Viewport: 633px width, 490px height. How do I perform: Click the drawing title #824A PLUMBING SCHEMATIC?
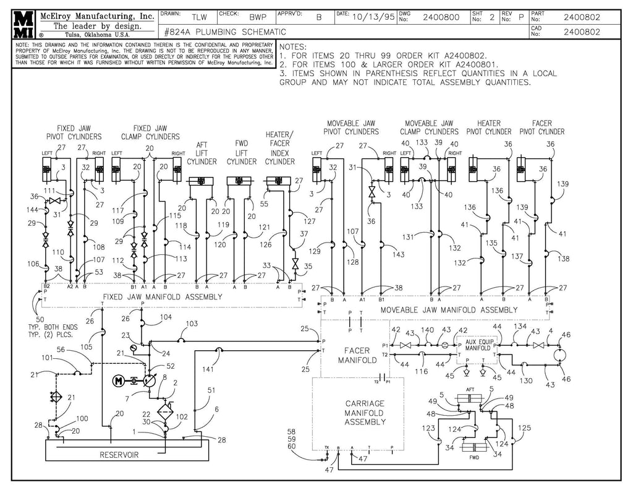click(x=226, y=32)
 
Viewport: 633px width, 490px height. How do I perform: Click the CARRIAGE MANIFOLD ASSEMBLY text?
click(x=365, y=413)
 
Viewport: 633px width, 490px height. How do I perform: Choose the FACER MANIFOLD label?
click(x=358, y=355)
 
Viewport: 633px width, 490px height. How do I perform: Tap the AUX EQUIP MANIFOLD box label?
click(x=479, y=345)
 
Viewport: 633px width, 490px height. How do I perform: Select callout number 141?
click(x=208, y=369)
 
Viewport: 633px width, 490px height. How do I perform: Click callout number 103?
click(x=192, y=324)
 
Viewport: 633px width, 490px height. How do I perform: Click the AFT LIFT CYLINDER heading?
click(x=202, y=153)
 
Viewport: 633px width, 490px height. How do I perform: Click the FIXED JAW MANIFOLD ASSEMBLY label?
click(x=162, y=297)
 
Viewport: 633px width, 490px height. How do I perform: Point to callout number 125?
click(x=524, y=428)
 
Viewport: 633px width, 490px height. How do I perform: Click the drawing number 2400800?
click(x=441, y=18)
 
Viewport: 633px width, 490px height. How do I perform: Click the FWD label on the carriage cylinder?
click(x=474, y=458)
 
